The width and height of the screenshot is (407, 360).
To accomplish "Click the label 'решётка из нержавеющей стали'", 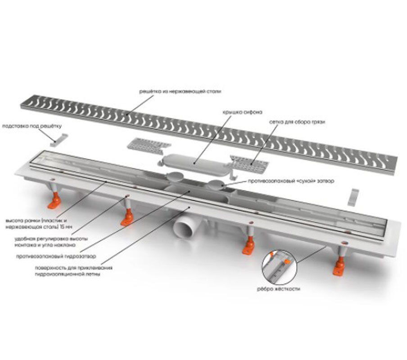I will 180,92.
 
